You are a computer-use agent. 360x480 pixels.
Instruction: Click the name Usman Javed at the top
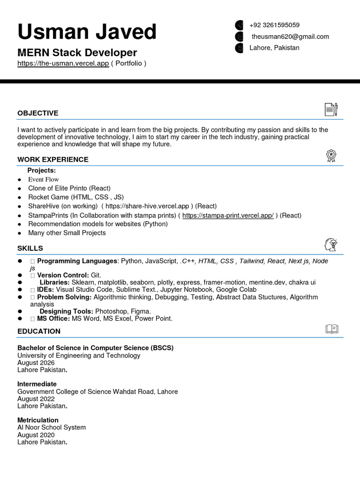[87, 32]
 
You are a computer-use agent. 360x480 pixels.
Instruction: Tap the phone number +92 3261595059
[274, 25]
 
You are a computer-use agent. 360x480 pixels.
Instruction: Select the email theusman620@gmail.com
[290, 37]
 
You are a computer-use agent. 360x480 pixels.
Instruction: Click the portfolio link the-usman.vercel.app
[63, 63]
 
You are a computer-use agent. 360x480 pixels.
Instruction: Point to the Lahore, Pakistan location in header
[274, 48]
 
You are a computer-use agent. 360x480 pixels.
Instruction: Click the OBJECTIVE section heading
[38, 113]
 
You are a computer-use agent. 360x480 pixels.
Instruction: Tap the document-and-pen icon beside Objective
[331, 109]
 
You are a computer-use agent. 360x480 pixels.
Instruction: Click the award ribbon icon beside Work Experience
[331, 156]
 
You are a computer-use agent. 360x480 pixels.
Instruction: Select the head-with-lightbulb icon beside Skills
[331, 244]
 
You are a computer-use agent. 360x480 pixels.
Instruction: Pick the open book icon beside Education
[331, 329]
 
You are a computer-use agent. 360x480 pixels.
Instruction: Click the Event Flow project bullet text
[44, 180]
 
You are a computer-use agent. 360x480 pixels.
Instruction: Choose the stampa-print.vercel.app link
[228, 216]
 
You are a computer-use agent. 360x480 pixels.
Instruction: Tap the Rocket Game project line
[76, 197]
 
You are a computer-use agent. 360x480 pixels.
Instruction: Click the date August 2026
[36, 363]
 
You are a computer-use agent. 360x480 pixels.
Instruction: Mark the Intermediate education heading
[37, 384]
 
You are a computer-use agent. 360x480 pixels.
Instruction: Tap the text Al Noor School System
[52, 427]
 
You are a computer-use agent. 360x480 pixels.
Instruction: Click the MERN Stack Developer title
[77, 52]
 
